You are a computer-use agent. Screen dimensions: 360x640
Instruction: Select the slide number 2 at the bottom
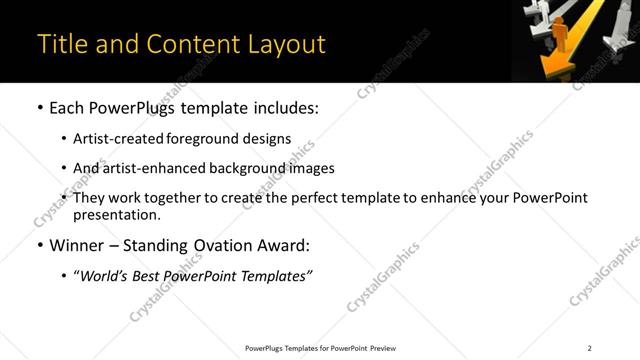[589, 348]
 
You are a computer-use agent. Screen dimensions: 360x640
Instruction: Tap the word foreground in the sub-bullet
[218, 139]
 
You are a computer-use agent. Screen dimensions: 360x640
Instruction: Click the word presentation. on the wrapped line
[116, 214]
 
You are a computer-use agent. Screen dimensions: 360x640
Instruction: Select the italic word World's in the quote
[106, 276]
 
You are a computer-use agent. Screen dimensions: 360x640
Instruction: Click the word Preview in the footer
[378, 348]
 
